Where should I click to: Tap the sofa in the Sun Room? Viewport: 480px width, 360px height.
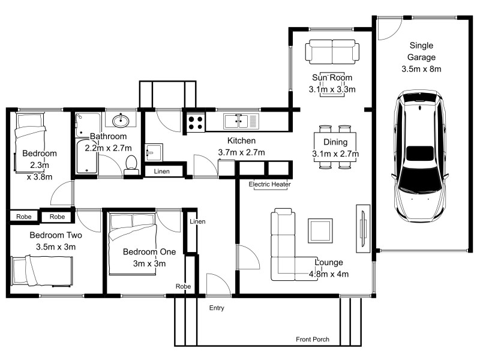coord(331,51)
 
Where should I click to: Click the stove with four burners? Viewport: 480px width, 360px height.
coord(196,122)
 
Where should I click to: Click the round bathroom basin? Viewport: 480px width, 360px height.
coord(122,120)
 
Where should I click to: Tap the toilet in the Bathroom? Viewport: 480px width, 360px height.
coord(131,164)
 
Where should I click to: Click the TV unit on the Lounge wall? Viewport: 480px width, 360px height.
coord(362,231)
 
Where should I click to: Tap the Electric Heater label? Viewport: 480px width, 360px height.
coord(269,185)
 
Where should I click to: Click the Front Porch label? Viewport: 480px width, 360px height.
coord(313,340)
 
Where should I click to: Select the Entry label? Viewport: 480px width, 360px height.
coord(217,308)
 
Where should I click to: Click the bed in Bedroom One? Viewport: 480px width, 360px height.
coord(133,233)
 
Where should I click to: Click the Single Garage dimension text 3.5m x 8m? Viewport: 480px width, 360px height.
coord(421,69)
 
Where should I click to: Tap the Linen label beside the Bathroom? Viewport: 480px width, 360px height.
coord(161,172)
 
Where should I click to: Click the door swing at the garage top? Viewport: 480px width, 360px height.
coord(389,28)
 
